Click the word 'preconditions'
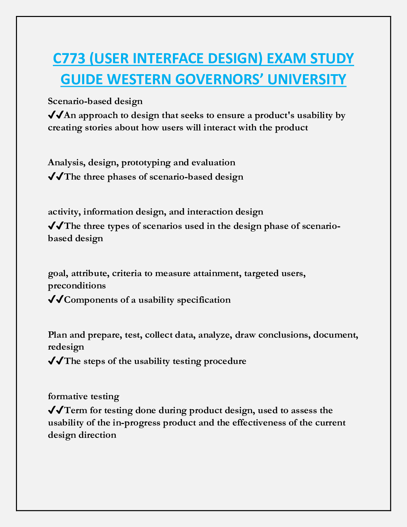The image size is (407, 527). (77, 286)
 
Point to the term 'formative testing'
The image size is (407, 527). (83, 396)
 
